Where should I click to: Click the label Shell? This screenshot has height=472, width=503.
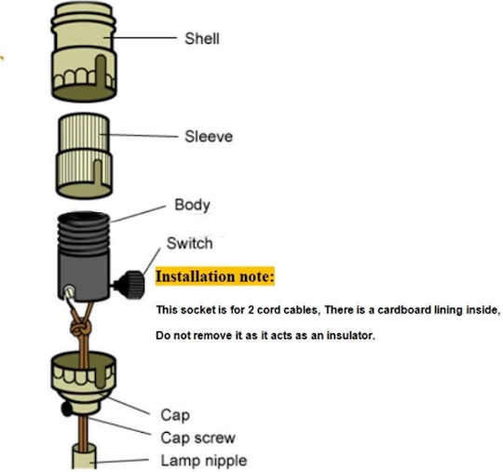pos(202,38)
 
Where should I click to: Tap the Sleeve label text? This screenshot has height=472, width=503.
pos(209,136)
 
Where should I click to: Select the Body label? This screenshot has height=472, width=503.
pos(192,205)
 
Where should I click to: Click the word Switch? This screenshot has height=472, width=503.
pos(190,243)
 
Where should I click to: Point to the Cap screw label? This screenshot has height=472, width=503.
pos(197,438)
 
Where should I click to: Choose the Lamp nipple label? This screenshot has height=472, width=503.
pos(204,461)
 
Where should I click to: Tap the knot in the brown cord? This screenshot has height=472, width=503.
pos(80,329)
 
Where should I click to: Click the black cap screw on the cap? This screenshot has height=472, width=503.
pos(67,409)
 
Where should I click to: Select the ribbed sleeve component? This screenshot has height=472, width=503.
pos(84,155)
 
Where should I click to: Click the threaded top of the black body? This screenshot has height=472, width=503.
pos(84,233)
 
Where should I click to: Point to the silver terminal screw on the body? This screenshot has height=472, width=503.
pos(69,291)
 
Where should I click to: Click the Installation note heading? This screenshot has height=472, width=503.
pos(215,276)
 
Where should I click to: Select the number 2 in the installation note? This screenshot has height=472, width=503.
pos(251,310)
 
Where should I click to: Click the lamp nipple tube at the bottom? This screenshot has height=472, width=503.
pos(84,457)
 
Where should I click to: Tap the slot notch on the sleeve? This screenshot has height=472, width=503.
pos(98,172)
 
